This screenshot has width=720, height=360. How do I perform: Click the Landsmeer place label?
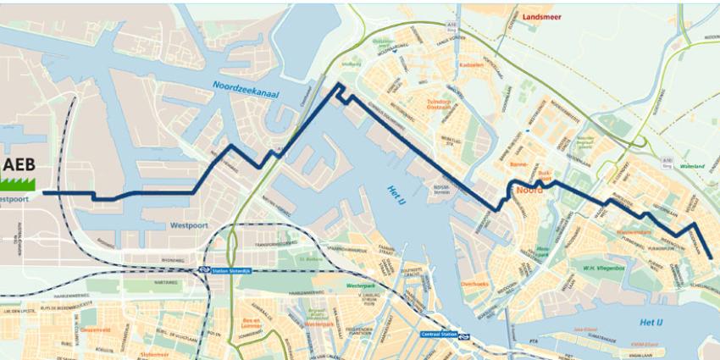[550, 15]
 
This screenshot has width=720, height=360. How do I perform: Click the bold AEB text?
[18, 164]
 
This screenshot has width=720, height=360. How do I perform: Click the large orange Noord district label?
[530, 191]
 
